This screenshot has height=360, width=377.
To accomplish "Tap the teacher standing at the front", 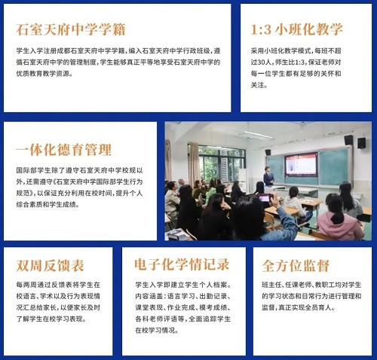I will [268, 176].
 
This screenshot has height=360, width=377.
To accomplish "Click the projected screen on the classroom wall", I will [300, 164].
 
